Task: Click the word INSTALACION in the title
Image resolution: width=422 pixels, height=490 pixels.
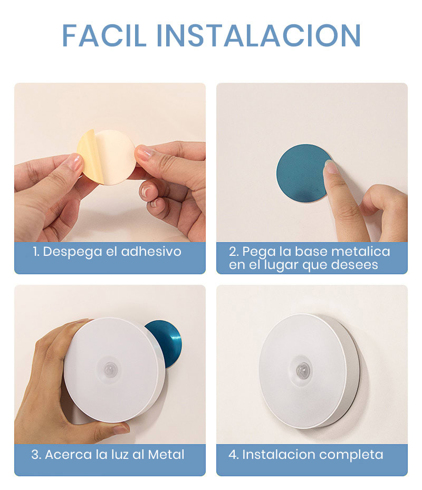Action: pos(258,35)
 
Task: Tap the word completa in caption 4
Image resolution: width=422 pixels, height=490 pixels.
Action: pos(353,454)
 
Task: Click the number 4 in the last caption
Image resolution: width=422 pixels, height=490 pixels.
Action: pos(233,454)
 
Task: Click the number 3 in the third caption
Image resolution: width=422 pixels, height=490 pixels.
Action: pos(35,454)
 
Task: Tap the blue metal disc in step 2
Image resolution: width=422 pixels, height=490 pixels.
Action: pos(298,174)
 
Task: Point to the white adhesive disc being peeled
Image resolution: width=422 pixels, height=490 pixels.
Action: pos(113,157)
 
